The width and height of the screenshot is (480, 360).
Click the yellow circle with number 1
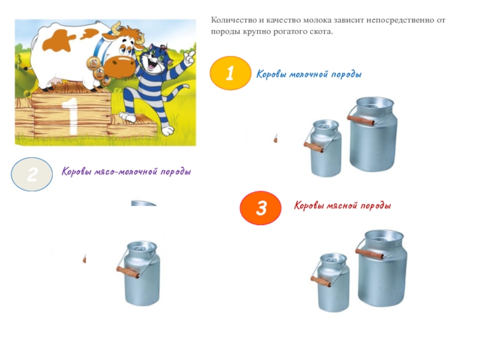pyautogui.click(x=230, y=73)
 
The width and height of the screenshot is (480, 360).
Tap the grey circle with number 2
pyautogui.click(x=32, y=174)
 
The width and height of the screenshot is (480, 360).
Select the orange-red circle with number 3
pyautogui.click(x=260, y=208)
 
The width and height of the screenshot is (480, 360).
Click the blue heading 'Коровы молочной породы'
pyautogui.click(x=309, y=74)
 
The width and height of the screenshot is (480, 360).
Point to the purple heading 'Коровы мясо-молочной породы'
pyautogui.click(x=126, y=172)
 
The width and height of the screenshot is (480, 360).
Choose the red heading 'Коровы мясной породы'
pyautogui.click(x=342, y=205)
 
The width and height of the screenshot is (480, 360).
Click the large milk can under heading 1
pyautogui.click(x=373, y=134)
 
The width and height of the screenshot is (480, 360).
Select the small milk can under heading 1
pyautogui.click(x=323, y=148)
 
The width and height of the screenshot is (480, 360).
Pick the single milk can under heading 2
pyautogui.click(x=139, y=273)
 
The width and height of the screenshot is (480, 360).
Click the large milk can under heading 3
pyautogui.click(x=382, y=268)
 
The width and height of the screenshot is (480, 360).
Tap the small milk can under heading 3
pyautogui.click(x=331, y=283)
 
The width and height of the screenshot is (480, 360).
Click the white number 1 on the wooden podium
pyautogui.click(x=70, y=116)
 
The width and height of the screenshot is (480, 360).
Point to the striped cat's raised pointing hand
pyautogui.click(x=190, y=57)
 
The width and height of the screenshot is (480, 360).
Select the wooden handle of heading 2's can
pyautogui.click(x=128, y=272)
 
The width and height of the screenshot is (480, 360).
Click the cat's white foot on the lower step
pyautogui.click(x=127, y=117)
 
